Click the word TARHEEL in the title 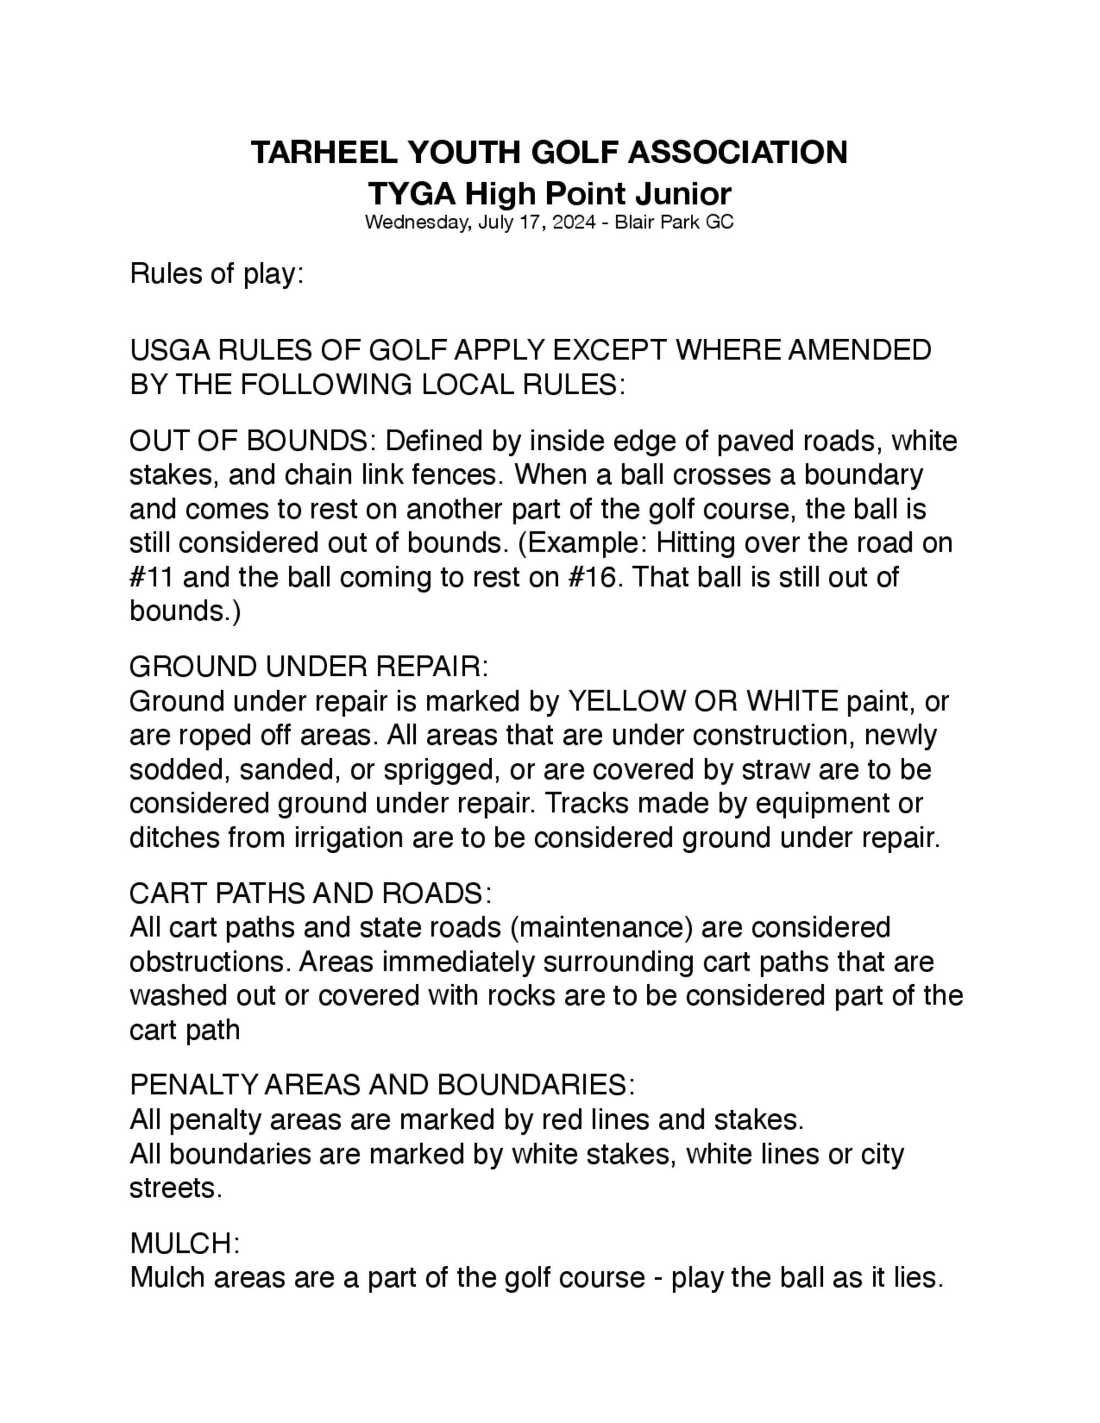click(x=324, y=152)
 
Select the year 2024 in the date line click(x=574, y=223)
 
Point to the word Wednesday click(x=416, y=223)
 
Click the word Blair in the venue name click(x=635, y=223)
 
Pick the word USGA click(x=169, y=351)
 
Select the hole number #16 click(x=592, y=577)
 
